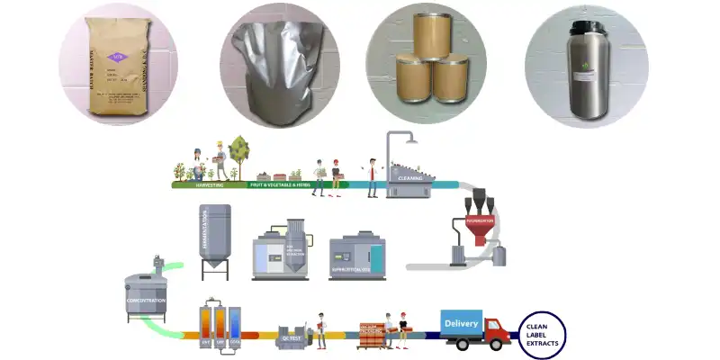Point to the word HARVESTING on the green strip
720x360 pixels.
point(210,184)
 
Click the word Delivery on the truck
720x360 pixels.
point(462,321)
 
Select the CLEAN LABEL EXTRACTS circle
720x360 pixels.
point(543,334)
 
